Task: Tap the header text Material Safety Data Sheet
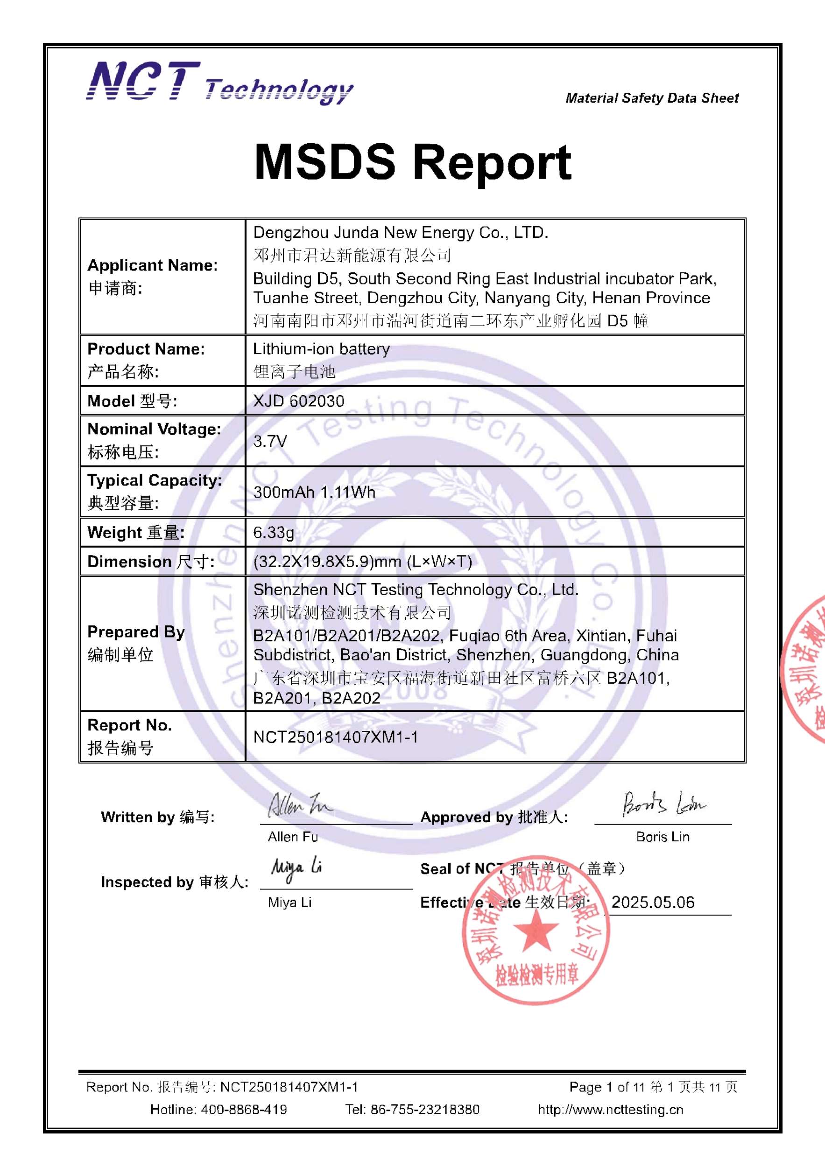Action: [x=652, y=98]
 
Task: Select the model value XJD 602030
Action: [x=298, y=401]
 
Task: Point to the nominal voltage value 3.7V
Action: [x=270, y=441]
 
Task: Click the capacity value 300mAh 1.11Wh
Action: [x=314, y=492]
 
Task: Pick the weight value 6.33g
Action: [x=274, y=532]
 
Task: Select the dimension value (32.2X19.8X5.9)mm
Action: [x=362, y=561]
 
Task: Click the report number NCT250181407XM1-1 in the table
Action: [x=336, y=737]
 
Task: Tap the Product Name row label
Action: [x=146, y=349]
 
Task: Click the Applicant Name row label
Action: [x=153, y=265]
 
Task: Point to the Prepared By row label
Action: [x=136, y=632]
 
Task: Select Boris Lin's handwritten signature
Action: [x=663, y=804]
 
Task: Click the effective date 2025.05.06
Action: [x=653, y=902]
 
